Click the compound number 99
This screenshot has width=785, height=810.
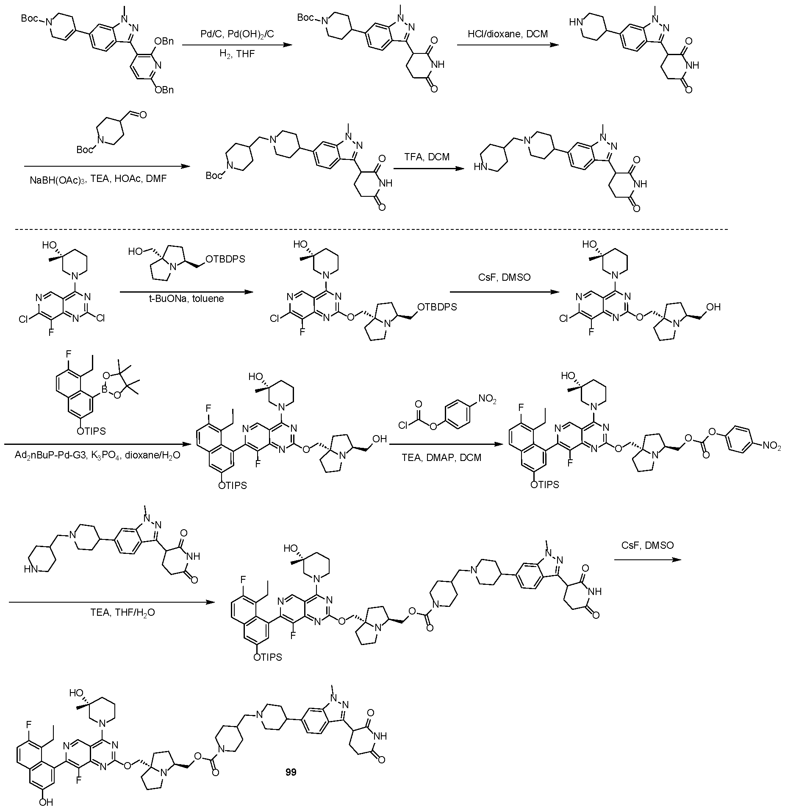pos(291,772)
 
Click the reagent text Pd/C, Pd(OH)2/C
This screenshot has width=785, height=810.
pos(237,34)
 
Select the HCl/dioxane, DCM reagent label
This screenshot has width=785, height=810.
pos(508,34)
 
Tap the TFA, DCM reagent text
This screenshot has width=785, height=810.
pos(426,157)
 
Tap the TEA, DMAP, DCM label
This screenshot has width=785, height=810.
pos(444,458)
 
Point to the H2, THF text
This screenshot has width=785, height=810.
pos(237,54)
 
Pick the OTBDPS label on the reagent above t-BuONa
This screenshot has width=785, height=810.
pos(225,259)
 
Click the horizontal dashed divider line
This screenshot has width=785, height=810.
pos(371,229)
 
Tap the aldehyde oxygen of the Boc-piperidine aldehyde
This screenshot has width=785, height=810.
pos(142,115)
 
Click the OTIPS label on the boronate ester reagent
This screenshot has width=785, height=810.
pos(91,431)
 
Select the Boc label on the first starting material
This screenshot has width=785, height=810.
pos(30,19)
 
